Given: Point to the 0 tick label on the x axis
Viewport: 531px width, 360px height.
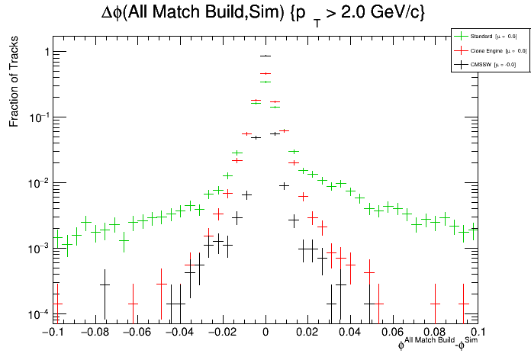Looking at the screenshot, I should pos(265,333).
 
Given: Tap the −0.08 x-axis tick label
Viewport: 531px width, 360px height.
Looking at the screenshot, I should pos(94,333).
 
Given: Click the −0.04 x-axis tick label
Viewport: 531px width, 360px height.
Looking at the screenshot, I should pos(179,333).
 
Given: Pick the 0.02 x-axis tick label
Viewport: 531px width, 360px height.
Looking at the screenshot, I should pos(308,333).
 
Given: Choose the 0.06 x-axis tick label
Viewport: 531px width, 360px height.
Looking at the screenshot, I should pos(393,333).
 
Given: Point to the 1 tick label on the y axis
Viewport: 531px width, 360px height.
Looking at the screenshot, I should pos(47,52).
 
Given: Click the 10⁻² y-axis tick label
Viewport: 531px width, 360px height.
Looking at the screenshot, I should pos(40,183).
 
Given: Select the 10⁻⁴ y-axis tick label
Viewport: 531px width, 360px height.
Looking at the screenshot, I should pos(40,314).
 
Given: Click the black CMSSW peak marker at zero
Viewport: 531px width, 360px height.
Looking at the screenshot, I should pos(265,56).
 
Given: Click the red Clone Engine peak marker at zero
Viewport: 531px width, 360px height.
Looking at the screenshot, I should pos(265,74).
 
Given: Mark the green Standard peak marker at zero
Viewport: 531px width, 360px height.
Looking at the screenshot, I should pos(265,82).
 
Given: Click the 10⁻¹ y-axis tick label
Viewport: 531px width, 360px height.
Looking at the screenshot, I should pos(40,117).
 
